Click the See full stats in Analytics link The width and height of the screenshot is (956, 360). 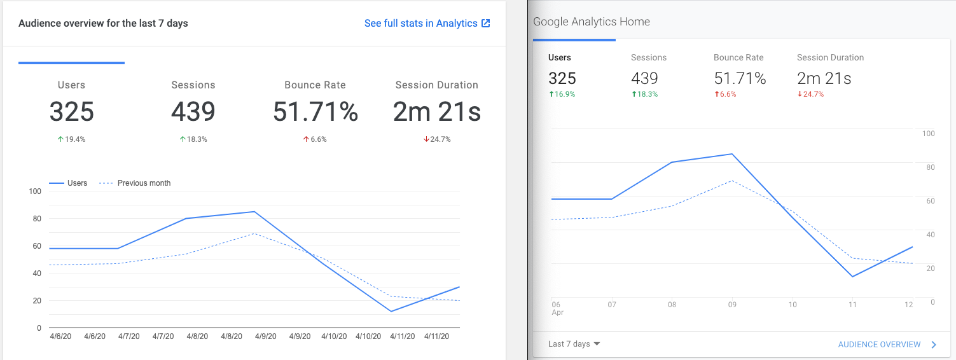coord(420,24)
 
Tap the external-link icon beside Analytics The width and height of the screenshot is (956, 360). coord(486,24)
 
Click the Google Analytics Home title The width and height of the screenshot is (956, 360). coord(592,22)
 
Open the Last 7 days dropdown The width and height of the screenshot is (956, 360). coord(574,344)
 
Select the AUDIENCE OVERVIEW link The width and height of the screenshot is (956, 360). coord(879,345)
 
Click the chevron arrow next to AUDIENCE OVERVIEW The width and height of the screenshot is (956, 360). coord(934,345)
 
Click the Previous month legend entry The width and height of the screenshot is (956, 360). coord(144,183)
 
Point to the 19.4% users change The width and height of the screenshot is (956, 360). coord(71,139)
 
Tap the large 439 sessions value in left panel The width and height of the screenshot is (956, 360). coord(193,113)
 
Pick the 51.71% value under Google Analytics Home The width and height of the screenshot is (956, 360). coord(740,78)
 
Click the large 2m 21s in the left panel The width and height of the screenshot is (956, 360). coord(436,113)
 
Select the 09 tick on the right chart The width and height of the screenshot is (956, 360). coord(732,305)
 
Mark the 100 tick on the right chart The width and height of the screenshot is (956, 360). coord(928,134)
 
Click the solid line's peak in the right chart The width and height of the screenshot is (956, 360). coord(732,154)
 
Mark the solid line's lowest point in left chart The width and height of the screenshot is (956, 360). coord(391,311)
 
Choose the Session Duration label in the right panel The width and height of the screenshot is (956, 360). coord(830,57)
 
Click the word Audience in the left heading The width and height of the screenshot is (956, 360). coord(39,24)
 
